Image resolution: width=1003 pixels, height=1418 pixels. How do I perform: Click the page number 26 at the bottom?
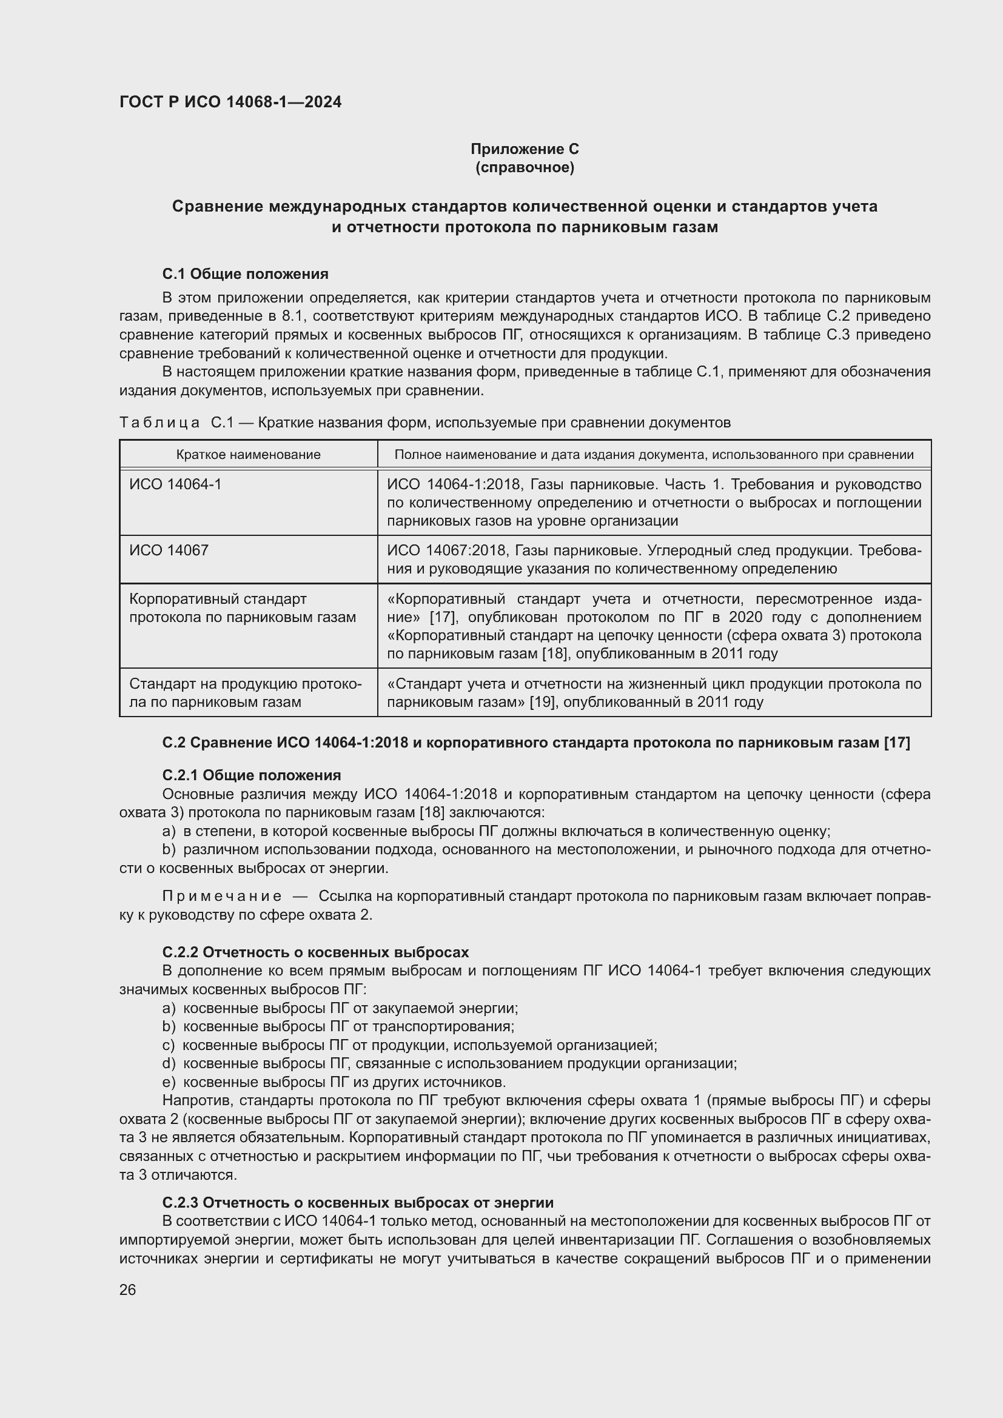(x=128, y=1289)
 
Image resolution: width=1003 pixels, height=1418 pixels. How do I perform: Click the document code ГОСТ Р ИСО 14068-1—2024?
(x=230, y=102)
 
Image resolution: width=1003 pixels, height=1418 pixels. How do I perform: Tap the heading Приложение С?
(x=525, y=149)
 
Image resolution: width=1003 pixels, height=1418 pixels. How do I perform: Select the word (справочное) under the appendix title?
(x=525, y=167)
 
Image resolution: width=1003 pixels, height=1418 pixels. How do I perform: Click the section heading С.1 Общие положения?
(x=245, y=273)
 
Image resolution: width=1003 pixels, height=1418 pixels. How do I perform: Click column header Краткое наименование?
(x=248, y=455)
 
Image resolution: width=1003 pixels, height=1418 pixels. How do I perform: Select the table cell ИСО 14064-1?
(x=175, y=484)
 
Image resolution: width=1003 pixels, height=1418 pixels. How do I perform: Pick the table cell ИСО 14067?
(x=169, y=550)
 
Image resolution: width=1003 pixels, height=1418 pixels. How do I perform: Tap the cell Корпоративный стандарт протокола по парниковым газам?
(x=242, y=607)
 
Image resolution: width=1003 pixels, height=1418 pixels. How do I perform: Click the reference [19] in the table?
(x=542, y=701)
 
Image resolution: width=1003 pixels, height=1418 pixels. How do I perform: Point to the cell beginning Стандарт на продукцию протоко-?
(x=245, y=692)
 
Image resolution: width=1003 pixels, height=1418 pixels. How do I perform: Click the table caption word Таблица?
(x=159, y=423)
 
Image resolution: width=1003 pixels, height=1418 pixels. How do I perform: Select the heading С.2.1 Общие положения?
(x=252, y=775)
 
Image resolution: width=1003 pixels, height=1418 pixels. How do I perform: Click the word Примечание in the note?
(x=222, y=896)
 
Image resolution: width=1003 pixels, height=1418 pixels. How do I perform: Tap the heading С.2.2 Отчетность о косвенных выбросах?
(x=315, y=952)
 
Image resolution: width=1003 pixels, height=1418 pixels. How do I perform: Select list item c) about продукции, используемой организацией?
(x=409, y=1045)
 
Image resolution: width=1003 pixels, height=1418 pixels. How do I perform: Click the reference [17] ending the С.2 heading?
(x=896, y=743)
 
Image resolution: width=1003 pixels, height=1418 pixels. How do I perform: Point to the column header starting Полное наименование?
(x=654, y=455)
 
